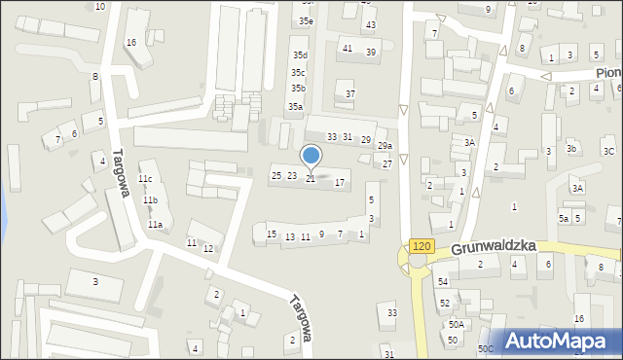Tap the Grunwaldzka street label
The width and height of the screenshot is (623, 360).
click(x=494, y=249)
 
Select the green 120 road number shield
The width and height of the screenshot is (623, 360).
click(x=421, y=247)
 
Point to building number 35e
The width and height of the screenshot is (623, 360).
click(x=307, y=20)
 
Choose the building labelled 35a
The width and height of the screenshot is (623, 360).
click(x=294, y=107)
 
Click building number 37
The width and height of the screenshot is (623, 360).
click(x=350, y=93)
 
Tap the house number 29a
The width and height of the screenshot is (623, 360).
click(x=385, y=146)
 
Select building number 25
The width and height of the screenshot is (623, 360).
click(x=276, y=175)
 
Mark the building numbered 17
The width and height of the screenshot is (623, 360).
click(x=340, y=182)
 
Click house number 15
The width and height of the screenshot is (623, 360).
click(x=272, y=234)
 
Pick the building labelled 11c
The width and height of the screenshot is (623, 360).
click(x=145, y=179)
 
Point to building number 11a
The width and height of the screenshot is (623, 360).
click(x=155, y=225)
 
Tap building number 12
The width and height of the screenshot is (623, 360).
click(x=208, y=249)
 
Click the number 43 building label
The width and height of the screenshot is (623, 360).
click(x=369, y=24)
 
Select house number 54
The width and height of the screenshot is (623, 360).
click(x=443, y=281)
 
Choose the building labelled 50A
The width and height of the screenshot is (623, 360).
click(x=455, y=325)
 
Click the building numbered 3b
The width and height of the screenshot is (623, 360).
click(x=572, y=148)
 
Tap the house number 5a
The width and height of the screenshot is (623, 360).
click(x=564, y=218)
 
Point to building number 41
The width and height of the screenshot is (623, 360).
click(x=348, y=48)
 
